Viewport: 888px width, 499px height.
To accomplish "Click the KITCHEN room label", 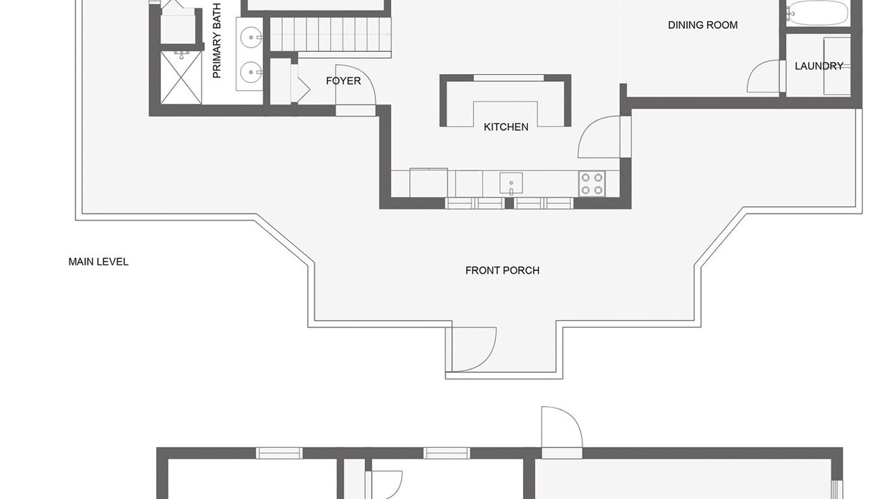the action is click(x=506, y=127).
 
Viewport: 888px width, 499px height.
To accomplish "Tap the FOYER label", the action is click(x=343, y=81).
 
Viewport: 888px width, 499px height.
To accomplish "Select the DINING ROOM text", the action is click(x=703, y=26).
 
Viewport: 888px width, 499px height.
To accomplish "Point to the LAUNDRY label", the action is click(x=819, y=66).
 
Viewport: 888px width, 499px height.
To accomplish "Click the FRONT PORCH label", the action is click(x=502, y=270).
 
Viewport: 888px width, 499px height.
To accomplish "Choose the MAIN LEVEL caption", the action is click(x=99, y=262).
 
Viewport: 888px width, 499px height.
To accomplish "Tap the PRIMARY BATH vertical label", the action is click(x=217, y=40).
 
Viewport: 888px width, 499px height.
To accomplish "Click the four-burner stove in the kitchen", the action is click(x=592, y=184).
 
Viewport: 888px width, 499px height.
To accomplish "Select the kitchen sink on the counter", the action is click(x=511, y=184).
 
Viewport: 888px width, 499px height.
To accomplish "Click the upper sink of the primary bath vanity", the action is click(x=251, y=37).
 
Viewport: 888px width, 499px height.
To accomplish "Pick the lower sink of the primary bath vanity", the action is click(x=251, y=72).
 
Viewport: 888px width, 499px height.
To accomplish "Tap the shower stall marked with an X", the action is click(x=181, y=78).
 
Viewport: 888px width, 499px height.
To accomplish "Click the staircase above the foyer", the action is click(x=331, y=35).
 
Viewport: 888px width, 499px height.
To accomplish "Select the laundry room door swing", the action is click(x=764, y=77).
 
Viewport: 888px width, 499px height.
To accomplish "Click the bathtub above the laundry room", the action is click(x=817, y=12).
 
